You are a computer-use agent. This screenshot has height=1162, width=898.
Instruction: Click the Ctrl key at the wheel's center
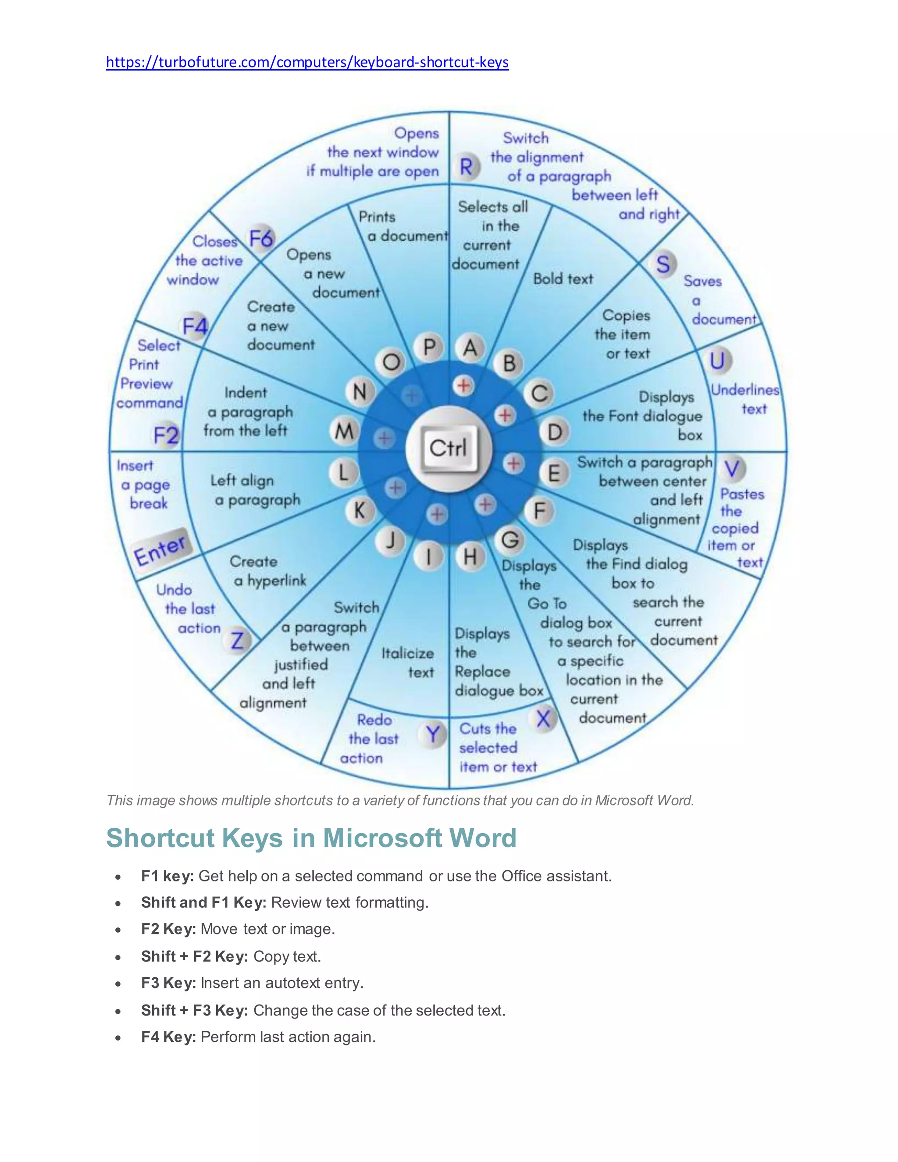(449, 448)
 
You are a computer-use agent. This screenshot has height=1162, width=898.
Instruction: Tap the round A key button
(470, 348)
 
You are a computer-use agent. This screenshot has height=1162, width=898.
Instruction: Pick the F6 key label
(261, 239)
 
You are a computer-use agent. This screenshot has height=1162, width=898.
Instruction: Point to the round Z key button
(237, 640)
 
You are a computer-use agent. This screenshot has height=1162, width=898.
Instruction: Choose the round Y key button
(433, 735)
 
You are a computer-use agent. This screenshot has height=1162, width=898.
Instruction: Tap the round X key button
(543, 719)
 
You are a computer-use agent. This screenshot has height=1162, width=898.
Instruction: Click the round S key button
(663, 264)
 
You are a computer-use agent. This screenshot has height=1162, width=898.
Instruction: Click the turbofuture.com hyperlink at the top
(307, 62)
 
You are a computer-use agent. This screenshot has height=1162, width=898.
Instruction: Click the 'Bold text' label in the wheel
(563, 279)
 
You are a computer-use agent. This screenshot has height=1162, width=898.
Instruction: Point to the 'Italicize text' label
(408, 663)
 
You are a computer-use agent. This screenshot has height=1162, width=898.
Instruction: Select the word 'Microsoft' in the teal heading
(382, 838)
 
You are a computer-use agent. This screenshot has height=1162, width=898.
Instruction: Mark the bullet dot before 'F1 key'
(118, 877)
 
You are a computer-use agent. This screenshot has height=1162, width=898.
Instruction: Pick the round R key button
(467, 167)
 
